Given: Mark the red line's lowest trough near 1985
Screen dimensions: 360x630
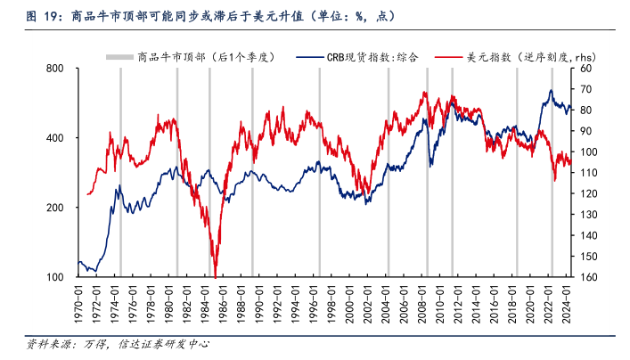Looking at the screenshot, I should (x=216, y=275).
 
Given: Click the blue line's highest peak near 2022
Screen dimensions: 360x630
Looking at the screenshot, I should (x=551, y=90).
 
